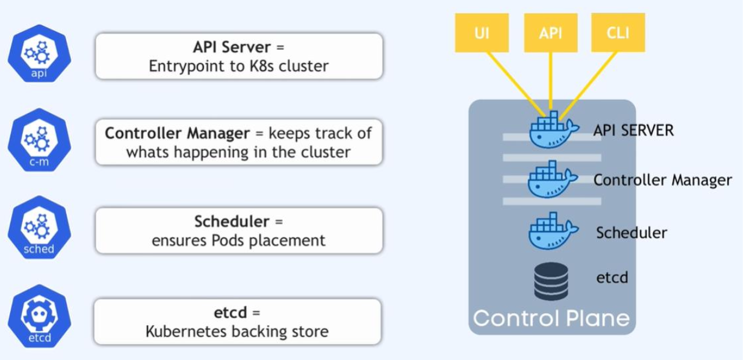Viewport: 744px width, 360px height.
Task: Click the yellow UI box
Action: coord(482,33)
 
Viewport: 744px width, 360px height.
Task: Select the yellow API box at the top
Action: coord(551,33)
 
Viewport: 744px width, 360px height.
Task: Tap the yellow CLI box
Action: coord(618,33)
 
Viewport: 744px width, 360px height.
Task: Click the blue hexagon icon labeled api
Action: coord(39,54)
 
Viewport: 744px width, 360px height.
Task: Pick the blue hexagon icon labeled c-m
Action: coord(39,140)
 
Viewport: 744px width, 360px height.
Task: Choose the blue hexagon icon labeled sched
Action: coord(39,228)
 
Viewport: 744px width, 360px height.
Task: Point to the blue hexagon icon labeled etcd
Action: coord(39,316)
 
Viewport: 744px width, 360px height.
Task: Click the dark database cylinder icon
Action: coord(551,281)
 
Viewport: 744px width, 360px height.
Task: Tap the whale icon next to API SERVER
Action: coord(554,130)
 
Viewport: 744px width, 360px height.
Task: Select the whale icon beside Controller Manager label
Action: coord(553,179)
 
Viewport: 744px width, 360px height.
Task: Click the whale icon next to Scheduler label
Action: coord(553,231)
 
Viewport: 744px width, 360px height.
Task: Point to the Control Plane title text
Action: coord(551,318)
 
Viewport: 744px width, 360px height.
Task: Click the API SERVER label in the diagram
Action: coord(634,130)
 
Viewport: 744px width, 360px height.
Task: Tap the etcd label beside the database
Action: coord(612,278)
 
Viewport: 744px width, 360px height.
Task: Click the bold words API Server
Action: coord(232,47)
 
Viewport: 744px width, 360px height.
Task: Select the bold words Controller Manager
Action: coord(178,134)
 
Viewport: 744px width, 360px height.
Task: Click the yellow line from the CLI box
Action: coord(589,85)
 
